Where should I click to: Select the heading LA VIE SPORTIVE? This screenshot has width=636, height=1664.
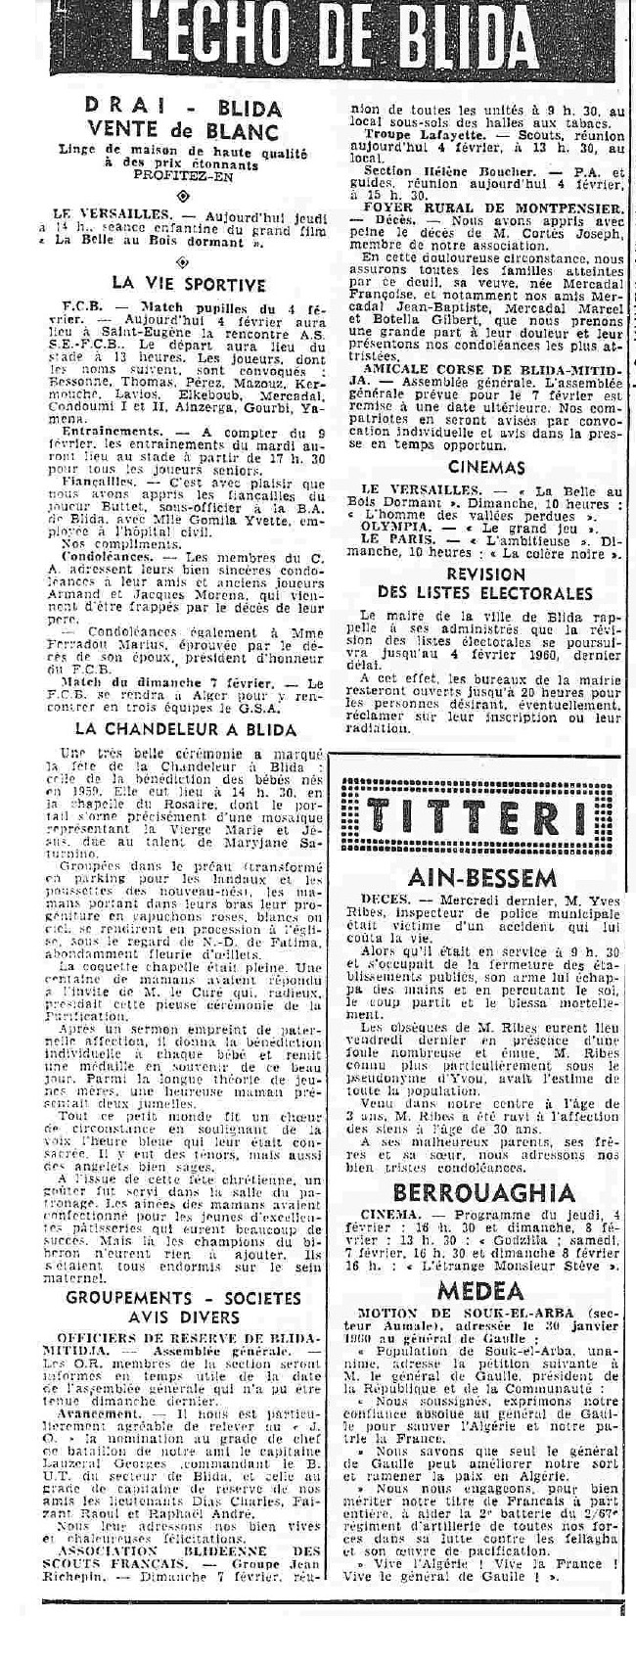188,285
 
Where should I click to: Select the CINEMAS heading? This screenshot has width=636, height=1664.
488,468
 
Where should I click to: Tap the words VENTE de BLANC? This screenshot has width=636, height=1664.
184,131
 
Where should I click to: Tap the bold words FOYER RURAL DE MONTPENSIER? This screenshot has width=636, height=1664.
506,209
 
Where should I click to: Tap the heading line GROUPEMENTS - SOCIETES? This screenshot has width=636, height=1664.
183,1298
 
